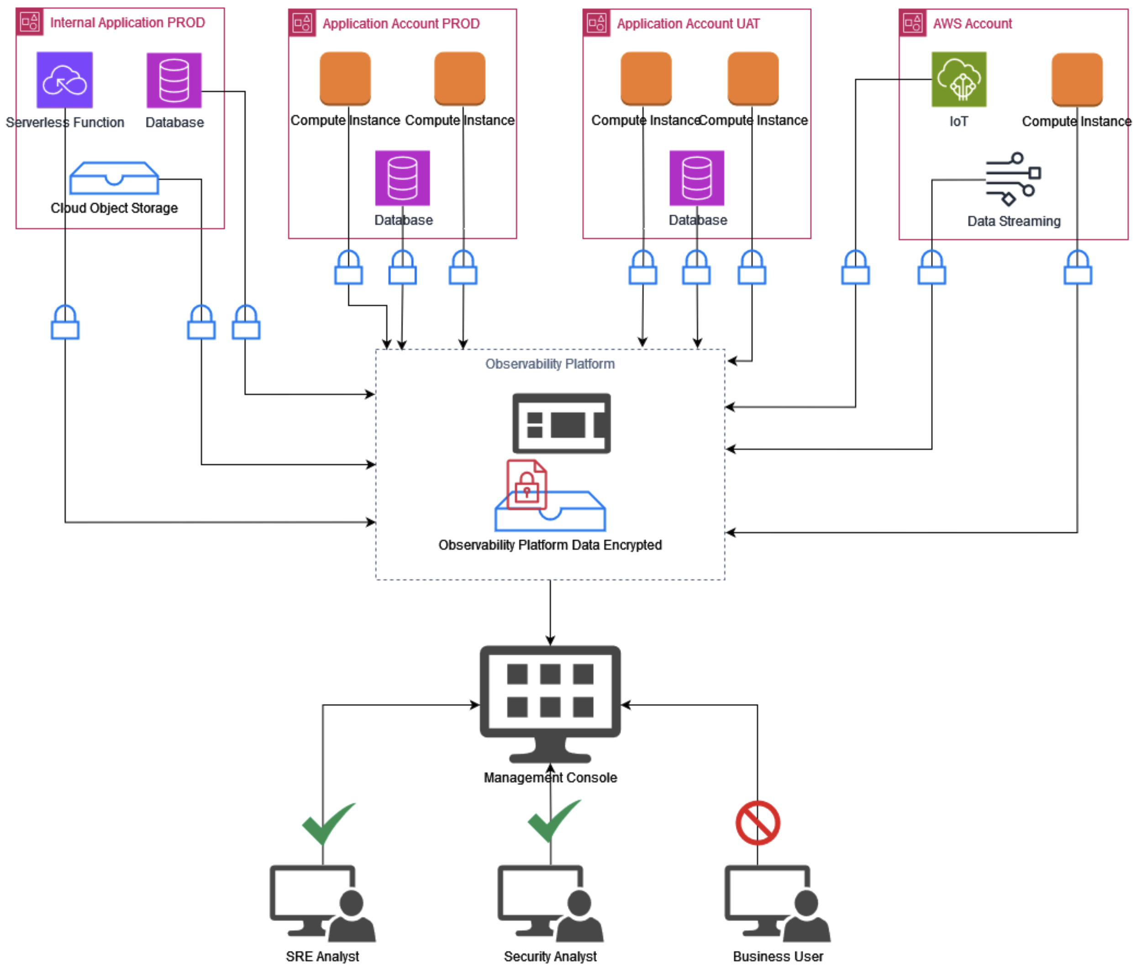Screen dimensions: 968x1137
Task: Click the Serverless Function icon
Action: (x=64, y=79)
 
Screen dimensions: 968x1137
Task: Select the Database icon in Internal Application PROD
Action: (x=174, y=80)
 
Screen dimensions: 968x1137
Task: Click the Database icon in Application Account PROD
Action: (x=402, y=178)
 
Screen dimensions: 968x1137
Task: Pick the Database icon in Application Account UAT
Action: (x=696, y=178)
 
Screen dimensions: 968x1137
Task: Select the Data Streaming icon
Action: (x=1013, y=179)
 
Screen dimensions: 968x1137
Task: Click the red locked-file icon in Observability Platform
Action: (x=526, y=484)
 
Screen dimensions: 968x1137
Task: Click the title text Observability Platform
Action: (x=550, y=364)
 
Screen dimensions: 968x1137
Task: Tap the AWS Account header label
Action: (x=972, y=24)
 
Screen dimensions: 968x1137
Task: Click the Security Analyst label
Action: (x=550, y=956)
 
